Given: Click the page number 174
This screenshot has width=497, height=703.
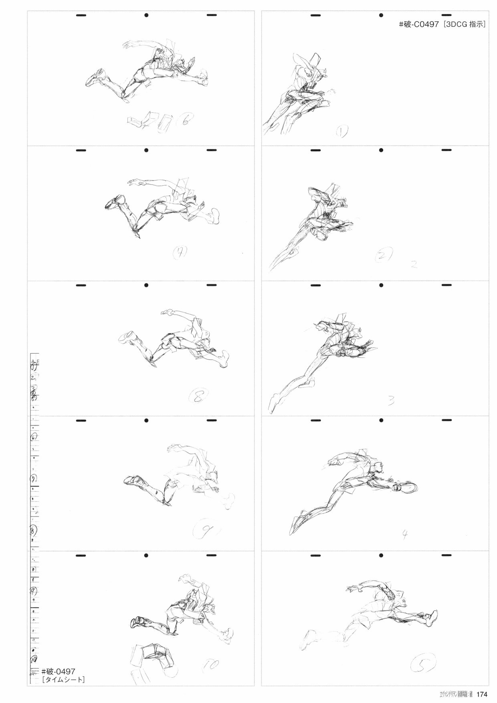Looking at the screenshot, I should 481,695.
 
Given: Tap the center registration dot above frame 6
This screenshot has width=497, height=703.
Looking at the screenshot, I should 146,16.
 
